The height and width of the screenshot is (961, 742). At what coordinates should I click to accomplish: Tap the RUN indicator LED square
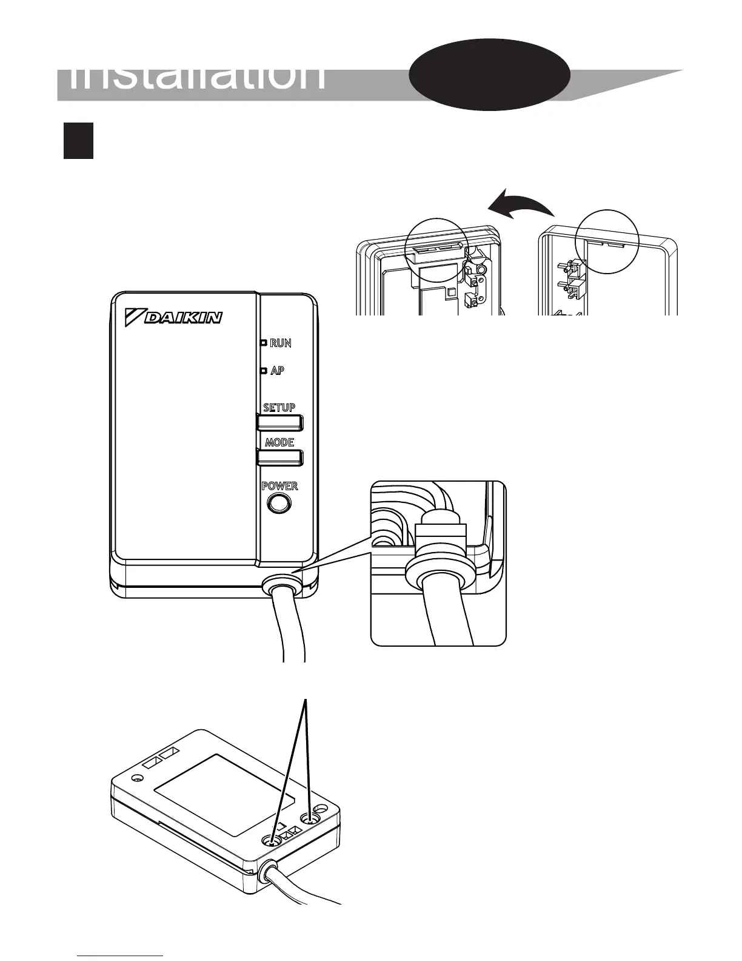(x=264, y=343)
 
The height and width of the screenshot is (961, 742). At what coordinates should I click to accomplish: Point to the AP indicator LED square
(x=264, y=371)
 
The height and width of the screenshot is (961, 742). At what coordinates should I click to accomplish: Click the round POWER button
(x=278, y=503)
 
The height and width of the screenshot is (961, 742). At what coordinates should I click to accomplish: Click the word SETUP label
(x=279, y=408)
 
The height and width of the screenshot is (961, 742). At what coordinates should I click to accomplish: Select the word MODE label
(x=279, y=442)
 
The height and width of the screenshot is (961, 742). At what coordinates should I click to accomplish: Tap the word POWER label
(x=279, y=486)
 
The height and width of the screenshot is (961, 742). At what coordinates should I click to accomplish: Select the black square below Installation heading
(x=78, y=141)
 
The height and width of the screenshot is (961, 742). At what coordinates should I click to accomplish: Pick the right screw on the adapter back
(x=312, y=818)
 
